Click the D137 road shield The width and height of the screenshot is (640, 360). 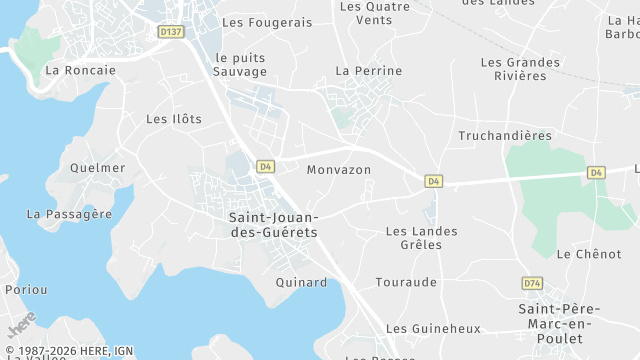coord(171,32)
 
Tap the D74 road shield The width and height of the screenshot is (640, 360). coord(532,284)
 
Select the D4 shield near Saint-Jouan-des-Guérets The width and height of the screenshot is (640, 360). coord(265,167)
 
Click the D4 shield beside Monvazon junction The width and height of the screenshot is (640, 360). coord(433,181)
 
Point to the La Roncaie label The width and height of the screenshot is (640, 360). coord(81,70)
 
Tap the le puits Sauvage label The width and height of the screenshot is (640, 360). coord(241,65)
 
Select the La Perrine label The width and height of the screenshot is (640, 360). coord(369,71)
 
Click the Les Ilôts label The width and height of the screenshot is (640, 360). coord(174,119)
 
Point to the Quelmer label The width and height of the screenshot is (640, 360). coord(98,168)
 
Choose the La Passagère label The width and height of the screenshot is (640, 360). coord(69,214)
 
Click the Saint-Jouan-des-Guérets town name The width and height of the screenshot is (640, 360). coord(273,225)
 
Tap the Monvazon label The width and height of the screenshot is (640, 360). coord(339,170)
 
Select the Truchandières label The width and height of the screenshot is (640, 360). coord(505,135)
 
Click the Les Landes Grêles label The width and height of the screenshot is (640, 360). coord(421,238)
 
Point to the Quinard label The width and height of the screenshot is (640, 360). coord(301,282)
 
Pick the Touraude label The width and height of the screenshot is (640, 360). coord(406,282)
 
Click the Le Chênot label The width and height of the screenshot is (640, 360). coord(589,254)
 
